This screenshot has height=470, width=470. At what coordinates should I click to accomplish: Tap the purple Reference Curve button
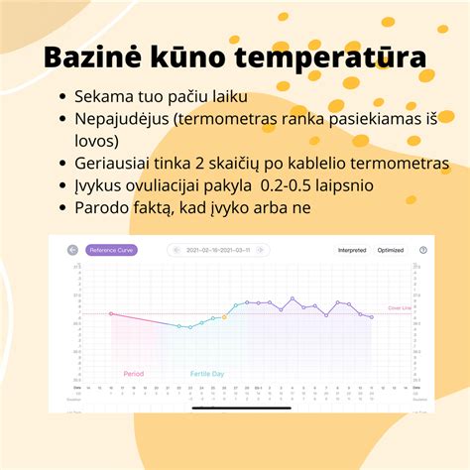point(111,250)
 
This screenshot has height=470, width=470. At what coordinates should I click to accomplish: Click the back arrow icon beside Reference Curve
point(72,250)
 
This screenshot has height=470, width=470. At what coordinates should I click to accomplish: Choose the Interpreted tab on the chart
point(352,250)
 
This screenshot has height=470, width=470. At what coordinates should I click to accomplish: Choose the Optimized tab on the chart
point(391,250)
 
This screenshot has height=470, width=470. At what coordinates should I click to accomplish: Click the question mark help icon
point(423,250)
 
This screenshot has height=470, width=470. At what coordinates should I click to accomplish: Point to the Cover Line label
point(399,309)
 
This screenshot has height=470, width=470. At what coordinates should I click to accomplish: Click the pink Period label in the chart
point(133,374)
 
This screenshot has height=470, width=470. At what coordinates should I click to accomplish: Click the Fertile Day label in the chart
point(207,374)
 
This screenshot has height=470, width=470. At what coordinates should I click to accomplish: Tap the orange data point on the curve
point(224,316)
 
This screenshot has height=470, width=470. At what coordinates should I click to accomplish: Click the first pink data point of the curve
point(111,313)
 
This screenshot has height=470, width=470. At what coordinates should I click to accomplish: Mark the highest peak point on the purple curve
point(293,296)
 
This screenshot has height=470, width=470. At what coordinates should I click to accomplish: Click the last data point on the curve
point(372,317)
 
